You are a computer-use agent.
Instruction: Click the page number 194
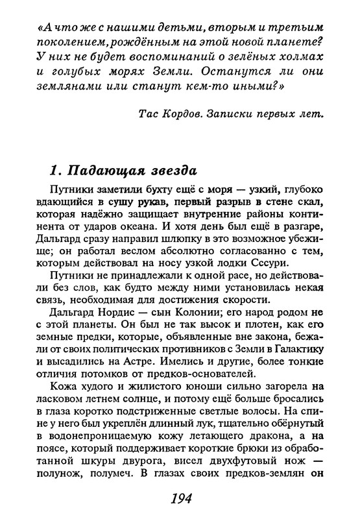coord(180,500)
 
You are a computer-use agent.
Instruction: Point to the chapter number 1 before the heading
coord(54,170)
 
